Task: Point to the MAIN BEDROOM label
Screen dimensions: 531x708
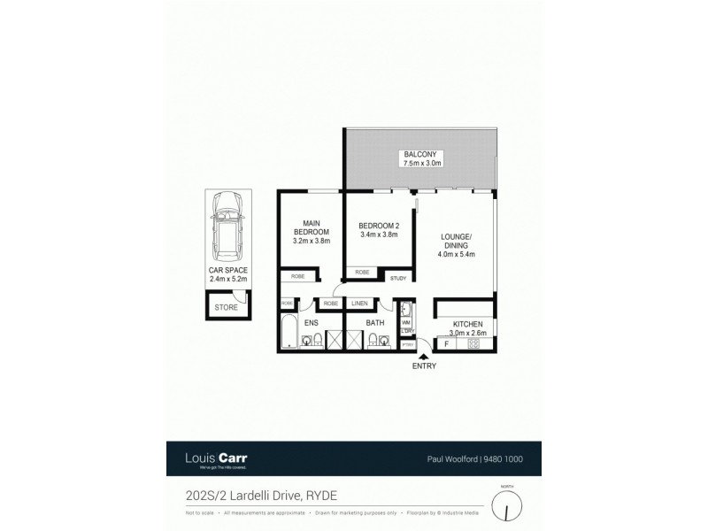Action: click(311, 227)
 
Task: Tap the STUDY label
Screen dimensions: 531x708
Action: click(400, 277)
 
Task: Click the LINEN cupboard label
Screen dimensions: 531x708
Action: click(359, 304)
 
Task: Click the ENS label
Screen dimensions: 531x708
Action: click(311, 323)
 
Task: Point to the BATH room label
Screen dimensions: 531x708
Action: click(375, 323)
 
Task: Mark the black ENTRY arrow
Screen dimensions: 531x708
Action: click(423, 356)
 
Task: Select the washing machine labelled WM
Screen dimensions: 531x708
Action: click(406, 323)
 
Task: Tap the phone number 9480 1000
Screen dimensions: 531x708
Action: click(504, 459)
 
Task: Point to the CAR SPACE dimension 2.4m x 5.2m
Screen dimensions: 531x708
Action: click(228, 279)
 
